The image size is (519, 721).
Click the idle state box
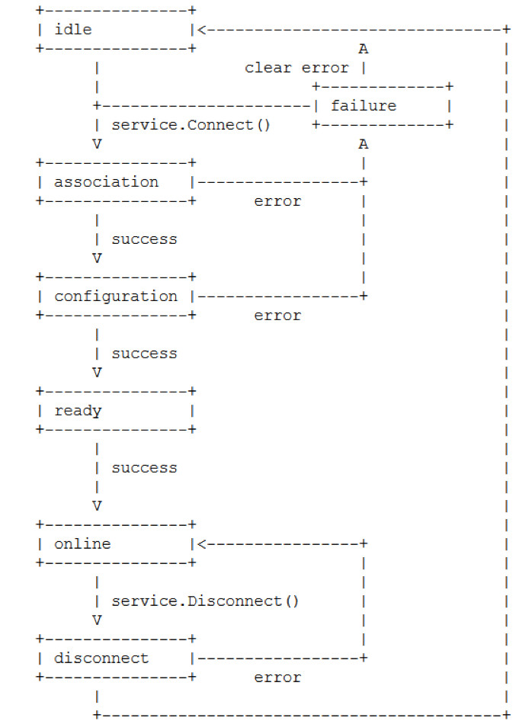pyautogui.click(x=115, y=30)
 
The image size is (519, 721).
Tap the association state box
pyautogui.click(x=115, y=182)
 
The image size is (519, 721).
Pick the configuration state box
pyautogui.click(x=115, y=296)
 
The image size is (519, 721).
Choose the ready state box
pyautogui.click(x=115, y=411)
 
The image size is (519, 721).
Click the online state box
pyautogui.click(x=115, y=544)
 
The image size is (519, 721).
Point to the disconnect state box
pyautogui.click(x=115, y=659)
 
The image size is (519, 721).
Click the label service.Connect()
pyautogui.click(x=191, y=125)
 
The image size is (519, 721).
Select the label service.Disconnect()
pyautogui.click(x=206, y=601)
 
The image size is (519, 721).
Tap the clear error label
pyautogui.click(x=296, y=68)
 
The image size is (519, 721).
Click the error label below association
pyautogui.click(x=277, y=201)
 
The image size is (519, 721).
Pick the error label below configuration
pyautogui.click(x=277, y=316)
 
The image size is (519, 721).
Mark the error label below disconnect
pyautogui.click(x=277, y=678)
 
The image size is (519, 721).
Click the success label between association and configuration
pyautogui.click(x=144, y=239)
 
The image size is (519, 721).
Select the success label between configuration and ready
pyautogui.click(x=144, y=354)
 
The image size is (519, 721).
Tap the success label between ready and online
pyautogui.click(x=144, y=468)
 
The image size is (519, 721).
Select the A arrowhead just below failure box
pyautogui.click(x=364, y=143)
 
